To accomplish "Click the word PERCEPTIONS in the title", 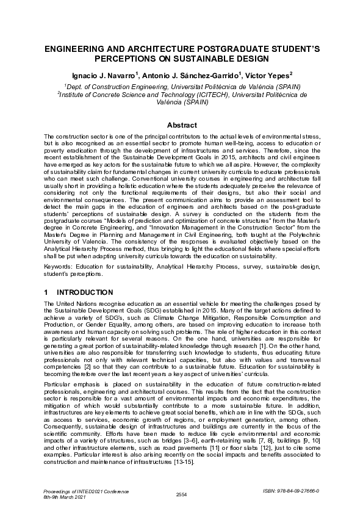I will tap(123, 58).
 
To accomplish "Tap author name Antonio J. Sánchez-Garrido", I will tap(186, 75).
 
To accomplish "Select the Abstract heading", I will tap(181, 125).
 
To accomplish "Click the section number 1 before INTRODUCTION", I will tap(46, 293).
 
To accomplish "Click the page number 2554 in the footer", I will tap(181, 494).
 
